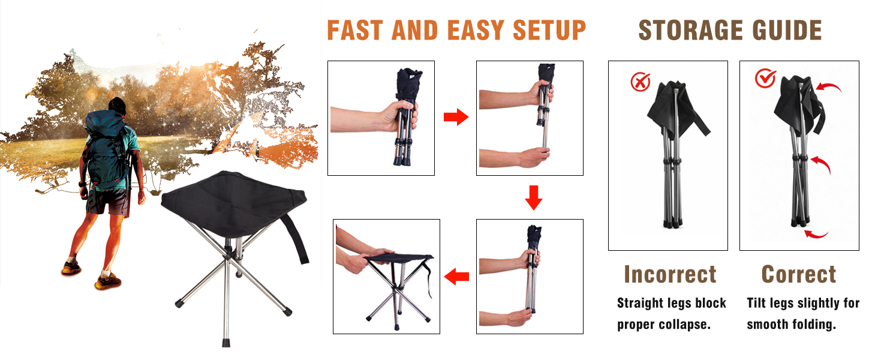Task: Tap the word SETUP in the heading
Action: pos(549,31)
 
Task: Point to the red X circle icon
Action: pos(640,82)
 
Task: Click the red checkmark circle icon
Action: pos(765,78)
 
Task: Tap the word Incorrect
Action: pos(670,274)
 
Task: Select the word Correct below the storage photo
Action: pos(798,274)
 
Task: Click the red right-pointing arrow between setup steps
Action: pos(456,117)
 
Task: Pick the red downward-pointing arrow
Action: pos(534,197)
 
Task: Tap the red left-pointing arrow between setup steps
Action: pos(456,277)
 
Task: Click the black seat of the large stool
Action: pos(234,204)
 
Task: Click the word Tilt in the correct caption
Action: pos(756,303)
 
